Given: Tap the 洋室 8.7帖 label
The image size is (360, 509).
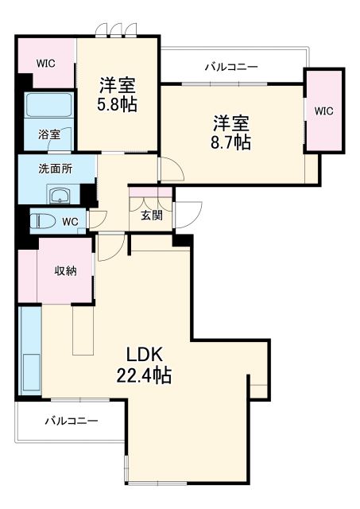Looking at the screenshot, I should tap(231, 133).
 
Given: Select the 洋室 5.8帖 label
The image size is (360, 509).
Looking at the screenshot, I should tap(118, 94).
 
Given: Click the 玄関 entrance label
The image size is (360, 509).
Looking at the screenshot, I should tap(152, 216).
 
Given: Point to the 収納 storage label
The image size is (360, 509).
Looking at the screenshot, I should tap(65, 271).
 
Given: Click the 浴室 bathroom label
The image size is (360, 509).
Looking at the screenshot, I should tap(48, 134).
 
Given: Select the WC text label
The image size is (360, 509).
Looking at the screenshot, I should tap(70, 222).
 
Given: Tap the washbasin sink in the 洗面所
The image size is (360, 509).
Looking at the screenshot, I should tap(60, 195).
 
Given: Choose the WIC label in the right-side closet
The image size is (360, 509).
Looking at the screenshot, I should tap(323, 111).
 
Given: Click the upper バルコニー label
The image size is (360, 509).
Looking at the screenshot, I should tap(230, 67).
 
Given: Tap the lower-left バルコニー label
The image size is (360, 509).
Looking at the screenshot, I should tap(71, 421).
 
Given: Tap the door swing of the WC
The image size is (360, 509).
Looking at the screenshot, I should tap(97, 220).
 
